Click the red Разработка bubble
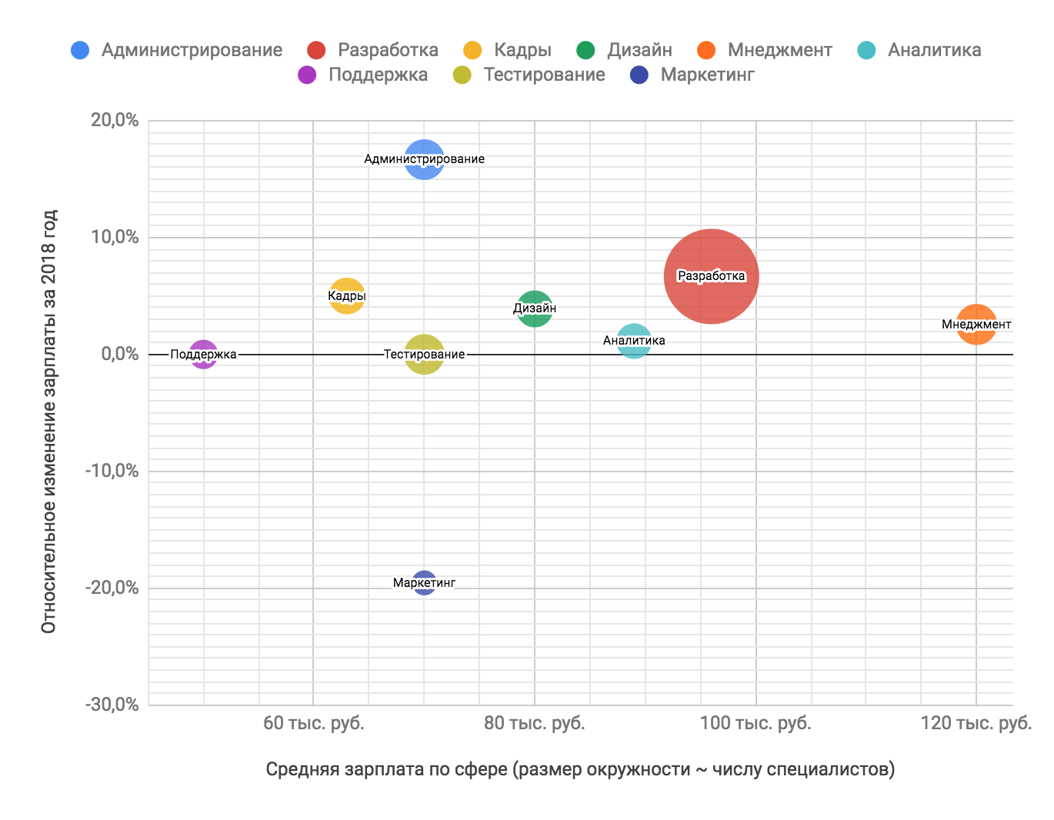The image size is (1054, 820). [711, 277]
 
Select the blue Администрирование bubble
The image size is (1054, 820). [424, 159]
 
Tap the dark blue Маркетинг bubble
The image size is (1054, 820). [424, 583]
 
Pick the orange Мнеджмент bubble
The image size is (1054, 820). [976, 325]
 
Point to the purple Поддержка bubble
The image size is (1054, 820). [203, 355]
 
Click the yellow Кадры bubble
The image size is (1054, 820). [347, 296]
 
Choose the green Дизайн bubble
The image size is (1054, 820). [535, 309]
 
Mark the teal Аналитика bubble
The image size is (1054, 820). [634, 341]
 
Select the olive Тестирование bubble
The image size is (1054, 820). [424, 355]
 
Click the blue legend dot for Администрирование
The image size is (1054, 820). [80, 51]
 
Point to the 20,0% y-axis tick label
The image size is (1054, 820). [115, 121]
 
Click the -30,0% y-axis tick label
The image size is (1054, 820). [112, 705]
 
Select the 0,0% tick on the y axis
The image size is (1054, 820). [119, 355]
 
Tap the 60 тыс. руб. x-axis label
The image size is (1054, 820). [314, 724]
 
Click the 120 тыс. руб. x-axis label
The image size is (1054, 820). [976, 724]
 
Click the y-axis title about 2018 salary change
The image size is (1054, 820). [49, 421]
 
